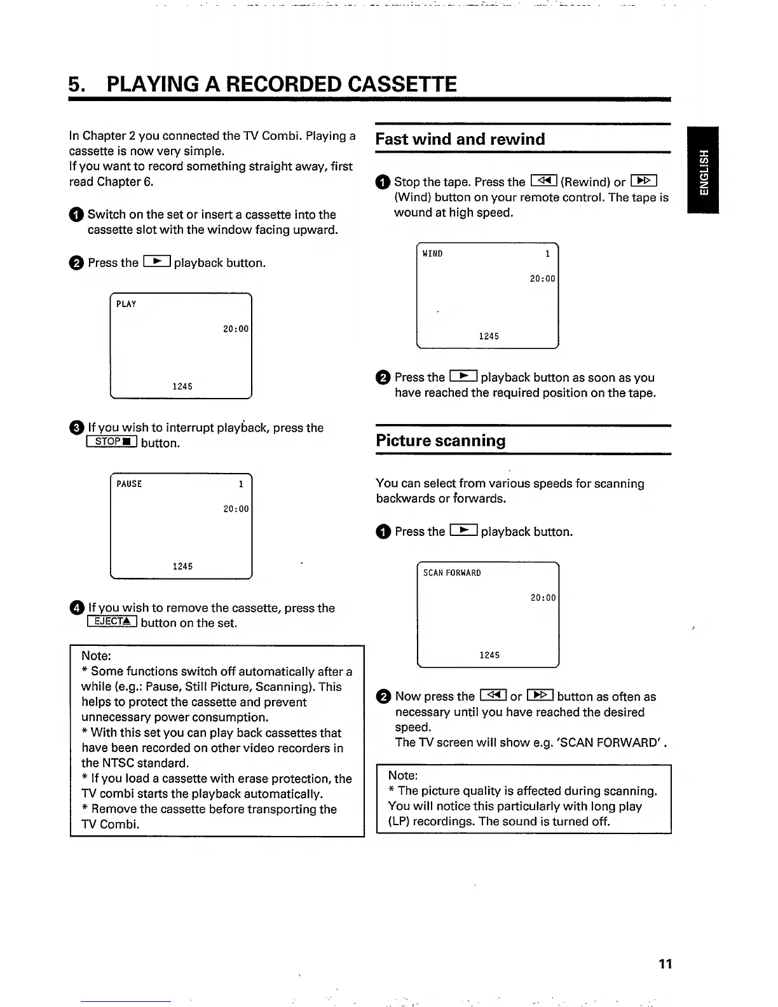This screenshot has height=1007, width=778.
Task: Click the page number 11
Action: coord(665,964)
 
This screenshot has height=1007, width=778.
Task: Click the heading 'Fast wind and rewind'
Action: coord(460,139)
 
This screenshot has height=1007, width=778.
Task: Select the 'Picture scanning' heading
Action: coord(440,441)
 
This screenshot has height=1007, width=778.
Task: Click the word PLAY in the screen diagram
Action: coord(126,305)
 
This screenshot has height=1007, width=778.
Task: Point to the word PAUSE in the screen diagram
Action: coord(129,484)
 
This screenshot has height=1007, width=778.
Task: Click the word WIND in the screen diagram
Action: coord(433,254)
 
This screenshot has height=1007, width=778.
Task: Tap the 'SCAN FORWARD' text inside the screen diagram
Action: coord(452,573)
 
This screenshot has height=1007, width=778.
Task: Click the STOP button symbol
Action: coord(113,442)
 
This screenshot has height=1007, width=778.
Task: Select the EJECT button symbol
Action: coord(113,622)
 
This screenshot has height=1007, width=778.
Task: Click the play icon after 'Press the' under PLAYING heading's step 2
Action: coord(156,262)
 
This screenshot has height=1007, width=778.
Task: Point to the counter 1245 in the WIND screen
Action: coord(489,336)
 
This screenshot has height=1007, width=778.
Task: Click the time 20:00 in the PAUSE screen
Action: coord(236,509)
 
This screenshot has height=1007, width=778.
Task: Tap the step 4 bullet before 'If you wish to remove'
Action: coord(76,608)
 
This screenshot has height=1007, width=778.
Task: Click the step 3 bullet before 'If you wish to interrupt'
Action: coord(76,428)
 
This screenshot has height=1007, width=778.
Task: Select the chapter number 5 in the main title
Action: coord(76,84)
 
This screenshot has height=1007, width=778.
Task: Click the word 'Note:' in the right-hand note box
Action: coord(403,776)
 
